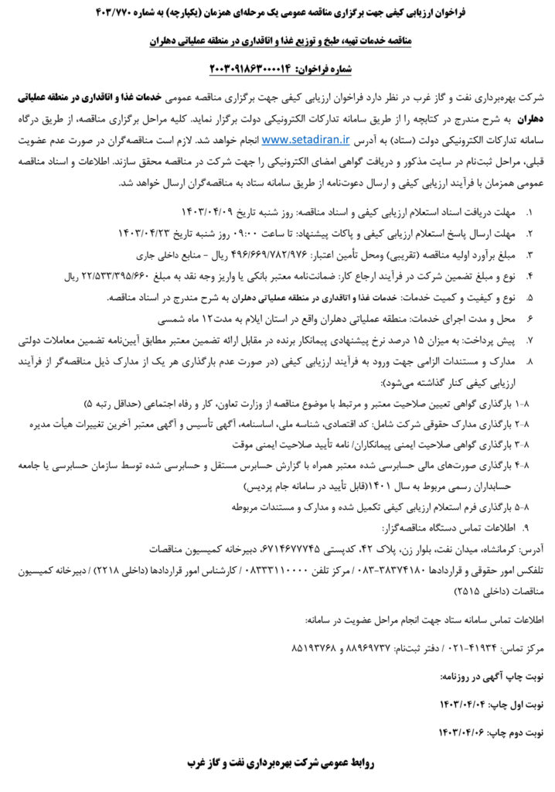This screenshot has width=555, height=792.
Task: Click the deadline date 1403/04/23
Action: coord(147,232)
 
